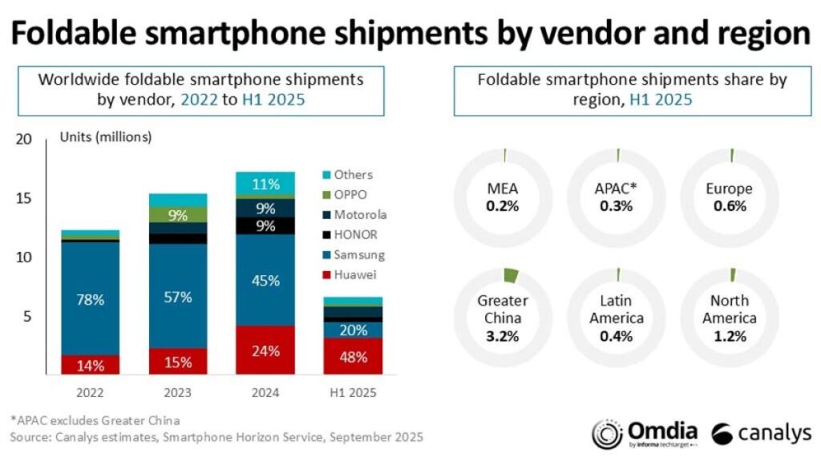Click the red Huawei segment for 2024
point(265,351)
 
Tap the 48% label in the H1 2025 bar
point(354,357)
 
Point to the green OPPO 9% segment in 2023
point(177,214)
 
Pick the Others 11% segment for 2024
point(265,184)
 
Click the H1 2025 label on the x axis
point(354,394)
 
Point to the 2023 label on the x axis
point(177,394)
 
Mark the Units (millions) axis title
point(106,137)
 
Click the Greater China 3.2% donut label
point(503,318)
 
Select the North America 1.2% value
point(730,335)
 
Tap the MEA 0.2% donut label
point(503,197)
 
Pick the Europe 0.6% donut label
point(730,197)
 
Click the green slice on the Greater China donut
point(508,276)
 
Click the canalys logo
point(762,434)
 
